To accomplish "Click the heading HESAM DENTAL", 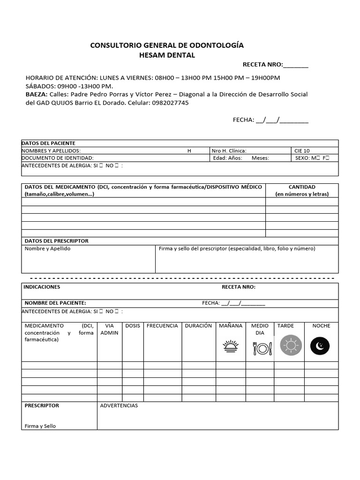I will (x=167, y=55).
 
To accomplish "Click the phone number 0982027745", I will (x=170, y=103).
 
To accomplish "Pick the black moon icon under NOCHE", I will (x=320, y=346).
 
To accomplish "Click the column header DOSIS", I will (x=133, y=326).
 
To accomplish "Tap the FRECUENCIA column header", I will (x=162, y=326).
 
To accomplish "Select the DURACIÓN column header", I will (x=198, y=326).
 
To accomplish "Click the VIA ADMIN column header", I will (x=110, y=329).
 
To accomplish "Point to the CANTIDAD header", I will (x=302, y=187).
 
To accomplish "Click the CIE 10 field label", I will (x=302, y=151).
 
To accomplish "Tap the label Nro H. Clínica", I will (x=229, y=151).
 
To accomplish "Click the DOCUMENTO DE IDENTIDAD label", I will (x=58, y=158).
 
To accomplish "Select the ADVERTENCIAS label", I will (x=119, y=405).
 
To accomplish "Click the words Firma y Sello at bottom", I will (x=40, y=426).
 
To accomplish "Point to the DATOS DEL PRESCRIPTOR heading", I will (x=56, y=241).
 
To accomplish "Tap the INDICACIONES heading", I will (x=42, y=287).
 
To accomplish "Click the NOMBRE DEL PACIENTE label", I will (x=55, y=303).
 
